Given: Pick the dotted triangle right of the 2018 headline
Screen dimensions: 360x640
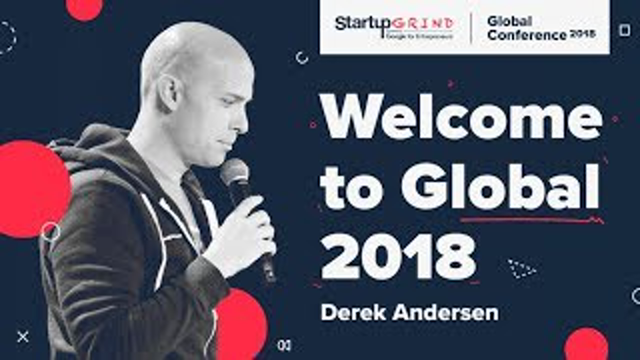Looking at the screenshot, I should [x=521, y=269].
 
